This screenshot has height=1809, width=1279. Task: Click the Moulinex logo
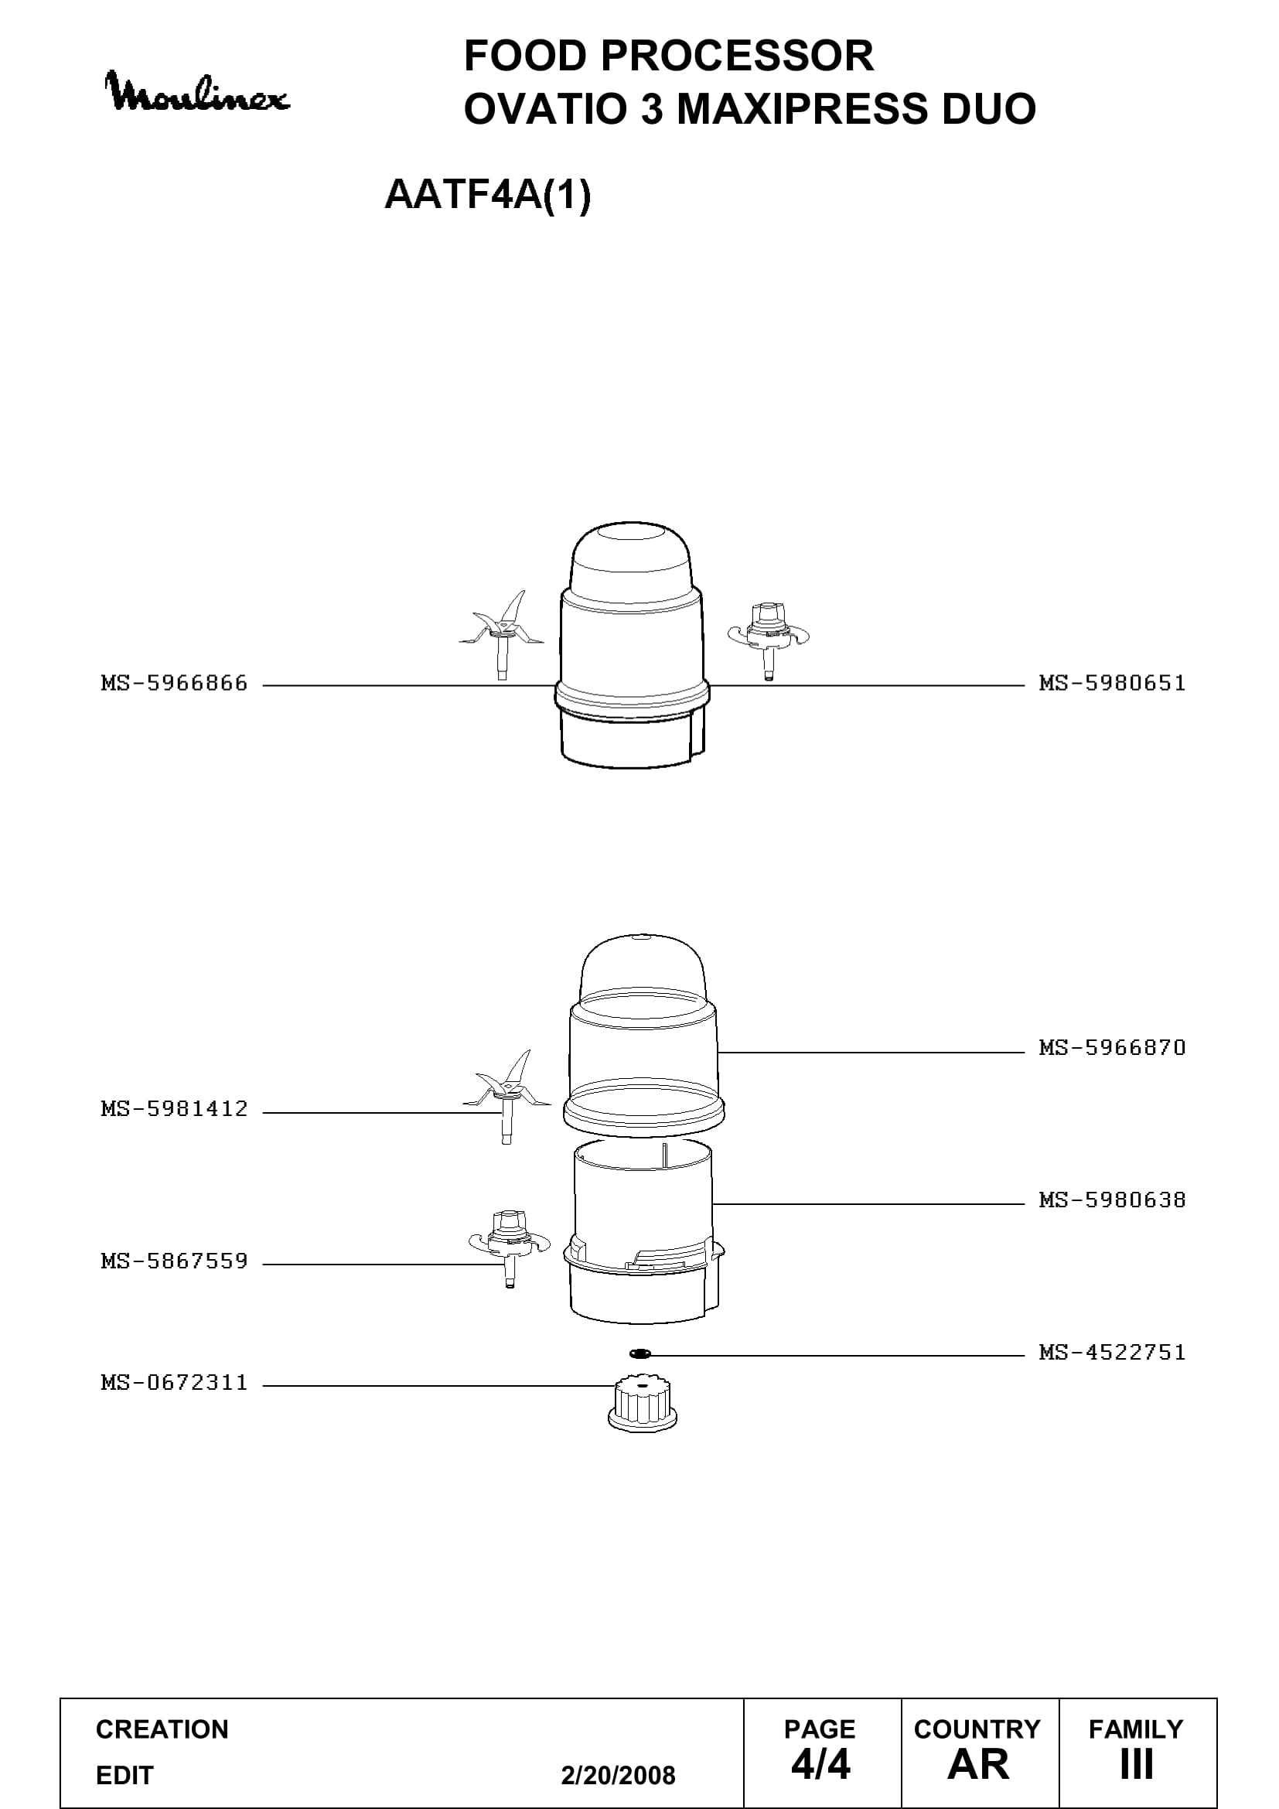[x=197, y=93]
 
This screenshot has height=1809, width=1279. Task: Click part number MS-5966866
[x=174, y=683]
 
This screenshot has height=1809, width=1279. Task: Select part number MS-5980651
[x=1112, y=683]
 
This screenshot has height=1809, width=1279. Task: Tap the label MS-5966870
[x=1112, y=1048]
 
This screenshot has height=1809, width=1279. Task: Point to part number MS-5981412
[x=174, y=1109]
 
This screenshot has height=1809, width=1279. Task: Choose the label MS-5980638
[x=1112, y=1200]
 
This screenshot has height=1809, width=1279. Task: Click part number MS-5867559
[x=174, y=1261]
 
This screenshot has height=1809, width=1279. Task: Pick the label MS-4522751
[x=1112, y=1353]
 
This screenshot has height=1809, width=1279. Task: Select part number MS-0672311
[x=174, y=1383]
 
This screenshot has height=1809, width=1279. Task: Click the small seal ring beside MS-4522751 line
[x=640, y=1353]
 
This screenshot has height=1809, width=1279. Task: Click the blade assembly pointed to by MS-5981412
[x=506, y=1096]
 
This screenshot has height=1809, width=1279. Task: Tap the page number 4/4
[x=820, y=1765]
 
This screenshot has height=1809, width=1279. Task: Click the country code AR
[x=978, y=1765]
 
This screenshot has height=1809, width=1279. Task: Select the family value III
[x=1137, y=1765]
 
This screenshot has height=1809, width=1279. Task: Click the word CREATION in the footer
[x=162, y=1729]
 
